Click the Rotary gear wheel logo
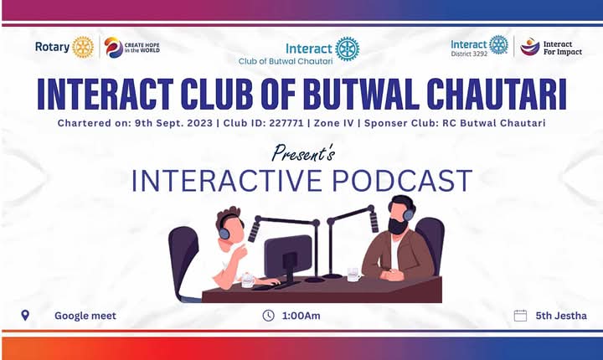[x=83, y=47]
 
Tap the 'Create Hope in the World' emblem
[x=113, y=47]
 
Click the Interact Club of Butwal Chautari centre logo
[x=347, y=49]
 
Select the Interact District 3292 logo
[x=498, y=45]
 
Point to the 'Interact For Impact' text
[x=562, y=47]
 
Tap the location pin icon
[x=25, y=316]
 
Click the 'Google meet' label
[x=85, y=316]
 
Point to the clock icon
[x=269, y=316]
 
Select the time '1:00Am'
[x=302, y=316]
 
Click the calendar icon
[x=520, y=316]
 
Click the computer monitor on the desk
[x=287, y=254]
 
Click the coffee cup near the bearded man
[x=353, y=273]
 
